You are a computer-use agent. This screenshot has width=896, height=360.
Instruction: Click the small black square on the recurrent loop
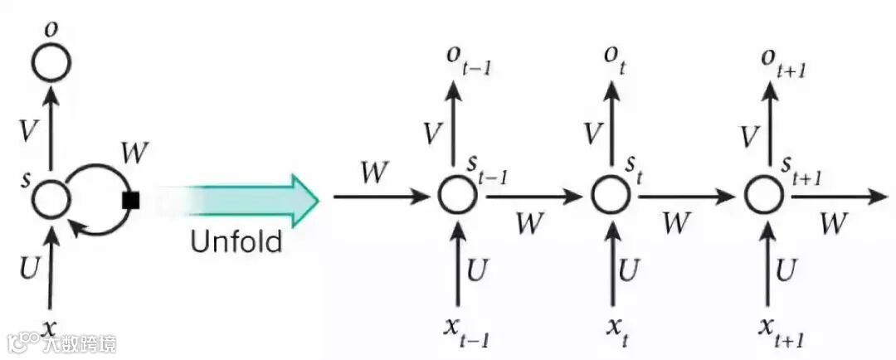pyautogui.click(x=129, y=200)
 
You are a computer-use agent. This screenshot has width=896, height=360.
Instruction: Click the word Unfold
pyautogui.click(x=236, y=242)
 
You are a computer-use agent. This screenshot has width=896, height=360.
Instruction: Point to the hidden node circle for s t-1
pyautogui.click(x=458, y=197)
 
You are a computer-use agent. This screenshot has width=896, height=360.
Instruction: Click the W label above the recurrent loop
pyautogui.click(x=134, y=153)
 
